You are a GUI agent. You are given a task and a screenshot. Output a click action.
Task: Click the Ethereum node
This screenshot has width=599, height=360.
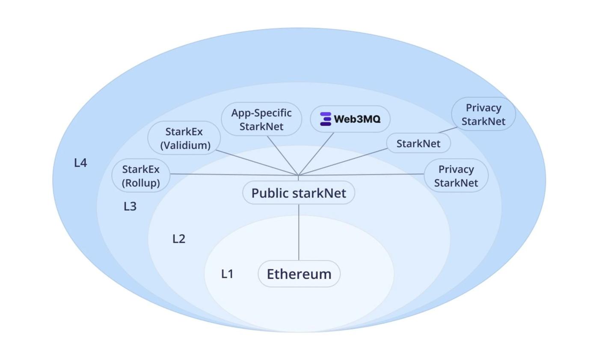coord(299,274)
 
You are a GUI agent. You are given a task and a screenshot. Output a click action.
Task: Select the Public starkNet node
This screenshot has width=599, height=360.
coord(299,193)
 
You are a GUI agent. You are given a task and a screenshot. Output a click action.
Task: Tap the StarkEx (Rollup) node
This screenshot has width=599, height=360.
coord(141,176)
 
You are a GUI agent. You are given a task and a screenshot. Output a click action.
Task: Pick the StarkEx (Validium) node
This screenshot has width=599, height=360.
coord(184,138)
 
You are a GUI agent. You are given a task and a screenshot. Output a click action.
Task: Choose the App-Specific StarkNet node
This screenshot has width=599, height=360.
coord(261,119)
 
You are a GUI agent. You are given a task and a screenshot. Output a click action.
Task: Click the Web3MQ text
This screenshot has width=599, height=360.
coord(357,119)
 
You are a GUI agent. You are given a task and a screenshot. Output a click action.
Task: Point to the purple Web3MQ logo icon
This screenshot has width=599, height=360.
coord(326,119)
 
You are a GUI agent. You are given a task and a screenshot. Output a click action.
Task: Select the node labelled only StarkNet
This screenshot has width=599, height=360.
coord(418,144)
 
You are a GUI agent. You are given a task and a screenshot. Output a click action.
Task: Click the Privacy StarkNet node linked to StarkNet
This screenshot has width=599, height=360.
coord(483,114)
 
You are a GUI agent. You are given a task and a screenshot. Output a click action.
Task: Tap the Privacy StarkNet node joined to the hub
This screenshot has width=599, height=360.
coord(456,176)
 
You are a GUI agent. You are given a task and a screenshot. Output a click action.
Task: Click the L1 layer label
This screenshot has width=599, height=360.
coord(227,274)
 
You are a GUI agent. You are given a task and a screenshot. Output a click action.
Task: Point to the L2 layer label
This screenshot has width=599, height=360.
coord(179,239)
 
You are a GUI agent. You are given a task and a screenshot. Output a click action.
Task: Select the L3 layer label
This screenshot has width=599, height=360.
coord(130,207)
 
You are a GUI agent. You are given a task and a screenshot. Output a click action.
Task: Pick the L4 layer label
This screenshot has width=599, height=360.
coord(80,163)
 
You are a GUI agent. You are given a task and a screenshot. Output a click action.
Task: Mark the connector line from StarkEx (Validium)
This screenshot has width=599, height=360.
coord(257,162)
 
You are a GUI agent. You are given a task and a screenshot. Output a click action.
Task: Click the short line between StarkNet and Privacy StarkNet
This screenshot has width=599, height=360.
coord(448,129)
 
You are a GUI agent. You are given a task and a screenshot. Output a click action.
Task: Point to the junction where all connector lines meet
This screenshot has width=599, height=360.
coord(298,175)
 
